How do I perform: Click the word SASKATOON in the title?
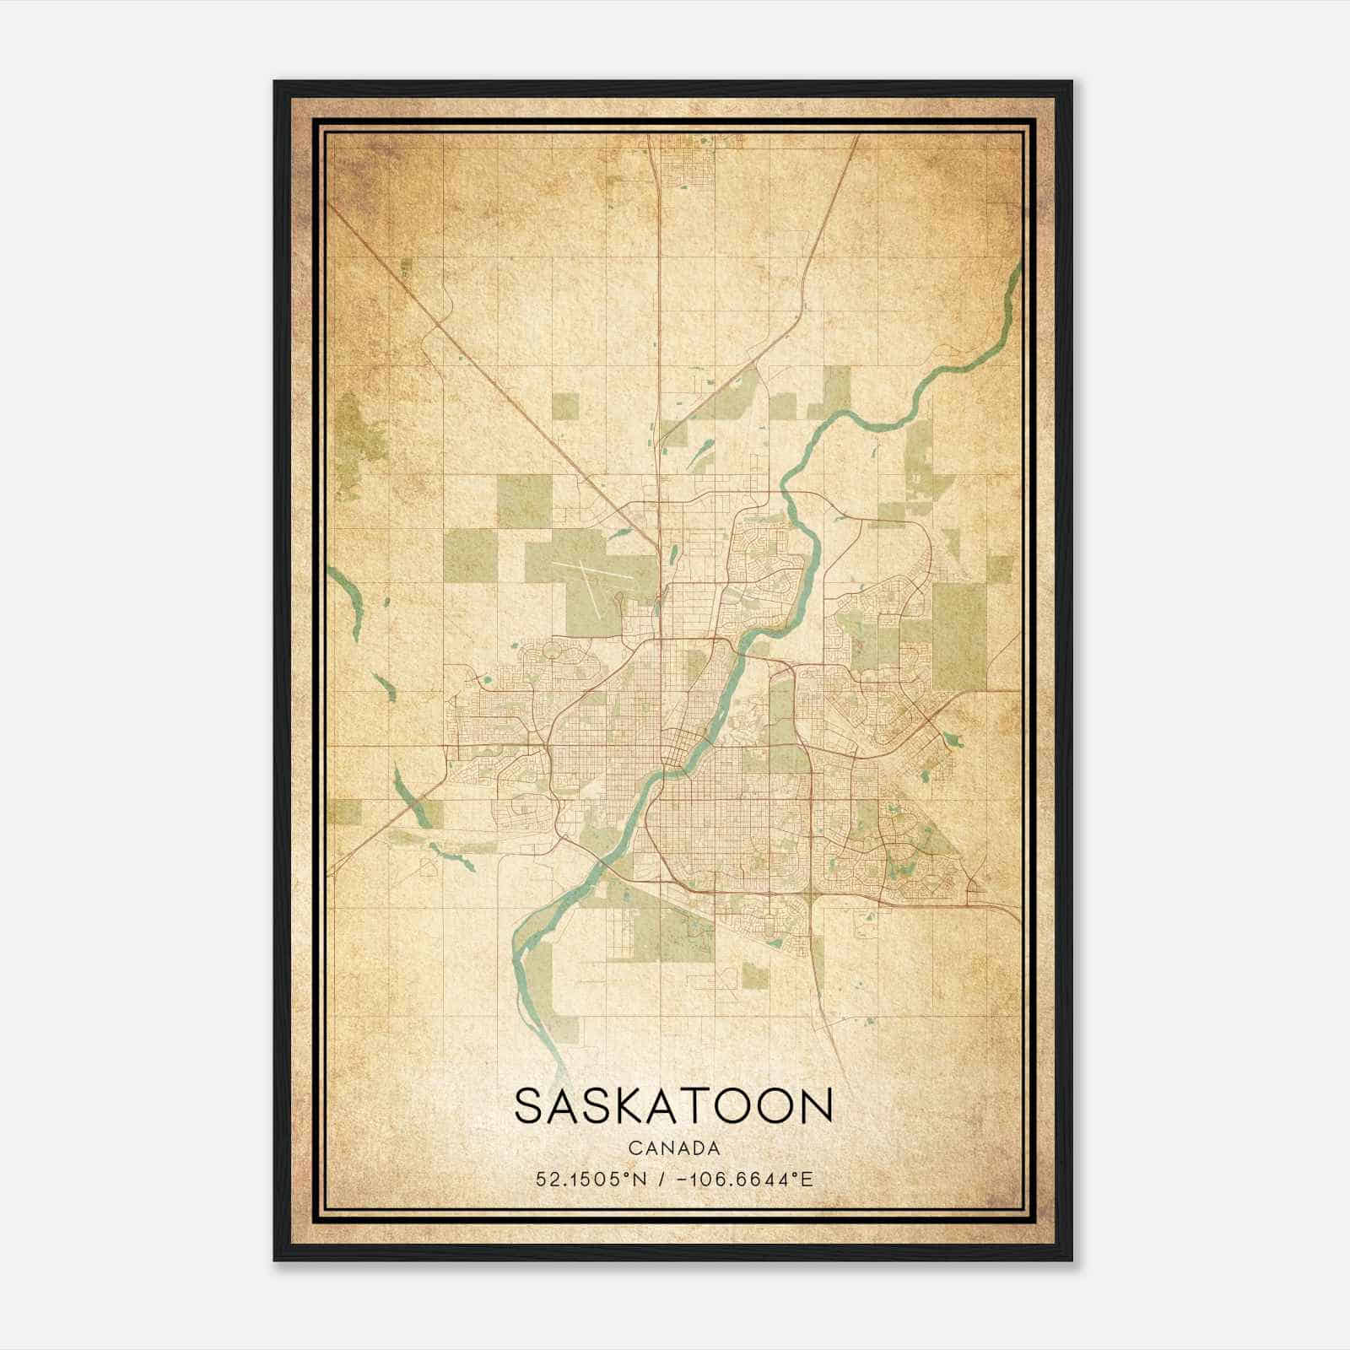click(673, 1106)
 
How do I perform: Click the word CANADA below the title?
click(673, 1148)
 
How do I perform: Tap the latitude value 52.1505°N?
click(591, 1179)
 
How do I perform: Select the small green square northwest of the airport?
click(566, 406)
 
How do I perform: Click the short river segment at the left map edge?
click(346, 595)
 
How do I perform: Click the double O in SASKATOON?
click(753, 1106)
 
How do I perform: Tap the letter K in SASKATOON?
click(606, 1106)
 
